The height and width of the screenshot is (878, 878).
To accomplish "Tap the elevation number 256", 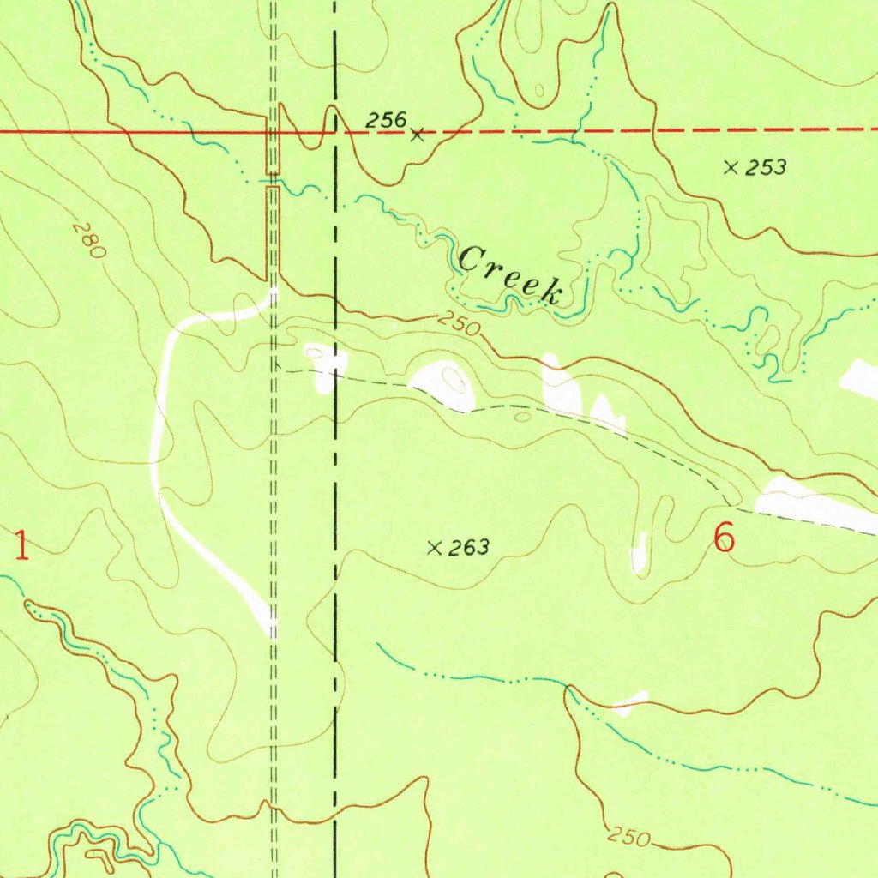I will click(385, 121).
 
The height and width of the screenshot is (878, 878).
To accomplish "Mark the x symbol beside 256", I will click(418, 135).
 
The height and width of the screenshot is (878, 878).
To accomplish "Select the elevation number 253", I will click(765, 168).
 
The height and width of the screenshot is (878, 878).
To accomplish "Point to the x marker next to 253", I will click(731, 168).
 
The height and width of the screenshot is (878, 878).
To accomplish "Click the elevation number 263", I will click(468, 548).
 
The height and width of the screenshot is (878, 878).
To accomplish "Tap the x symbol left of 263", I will click(435, 548).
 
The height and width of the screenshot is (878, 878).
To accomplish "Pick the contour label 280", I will click(88, 241).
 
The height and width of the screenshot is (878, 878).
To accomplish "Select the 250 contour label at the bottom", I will click(631, 838).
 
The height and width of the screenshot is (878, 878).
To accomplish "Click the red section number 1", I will click(21, 545).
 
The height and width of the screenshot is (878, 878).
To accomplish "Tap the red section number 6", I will click(725, 538).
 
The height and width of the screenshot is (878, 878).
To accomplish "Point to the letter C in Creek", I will click(471, 258).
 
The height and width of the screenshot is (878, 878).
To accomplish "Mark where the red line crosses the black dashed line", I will click(334, 132).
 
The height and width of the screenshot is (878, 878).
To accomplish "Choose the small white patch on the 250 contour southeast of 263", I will click(630, 702).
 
